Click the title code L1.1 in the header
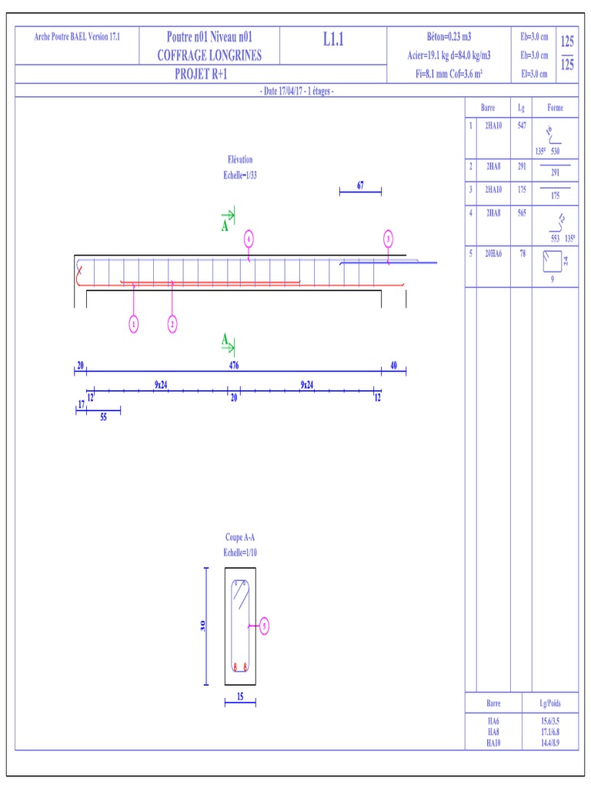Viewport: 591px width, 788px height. [332, 40]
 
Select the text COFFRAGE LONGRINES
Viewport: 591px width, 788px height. [209, 55]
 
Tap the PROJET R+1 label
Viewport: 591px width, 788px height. [201, 75]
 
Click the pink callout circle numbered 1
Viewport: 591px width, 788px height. [134, 325]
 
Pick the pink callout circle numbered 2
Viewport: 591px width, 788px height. [172, 325]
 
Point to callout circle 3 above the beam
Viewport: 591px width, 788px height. [389, 239]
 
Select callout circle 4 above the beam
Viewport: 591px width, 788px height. [249, 239]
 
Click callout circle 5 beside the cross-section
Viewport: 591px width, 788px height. [265, 626]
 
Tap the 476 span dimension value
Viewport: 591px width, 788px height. [233, 366]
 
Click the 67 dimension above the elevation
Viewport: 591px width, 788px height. [359, 185]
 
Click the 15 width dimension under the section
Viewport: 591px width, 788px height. [240, 697]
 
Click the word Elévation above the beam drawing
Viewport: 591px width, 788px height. [239, 160]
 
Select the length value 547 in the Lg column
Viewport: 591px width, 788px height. [522, 125]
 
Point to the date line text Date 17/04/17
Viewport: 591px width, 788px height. [295, 91]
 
